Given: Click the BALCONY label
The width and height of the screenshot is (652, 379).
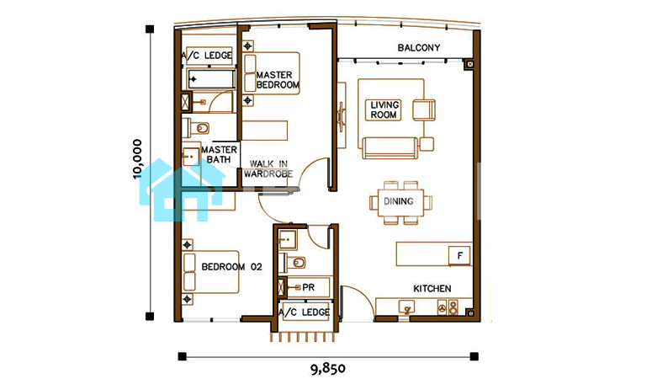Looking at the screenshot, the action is tap(418, 47).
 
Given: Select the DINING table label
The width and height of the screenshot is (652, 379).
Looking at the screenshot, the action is tap(399, 201).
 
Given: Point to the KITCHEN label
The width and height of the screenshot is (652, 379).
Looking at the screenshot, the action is tap(432, 289).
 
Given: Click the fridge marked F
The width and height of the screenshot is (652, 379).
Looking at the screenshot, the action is tap(459, 255).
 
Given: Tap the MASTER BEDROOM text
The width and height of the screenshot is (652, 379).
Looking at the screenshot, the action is tap(278, 80).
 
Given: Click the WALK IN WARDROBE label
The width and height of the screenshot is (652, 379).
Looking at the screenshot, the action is tap(268, 169).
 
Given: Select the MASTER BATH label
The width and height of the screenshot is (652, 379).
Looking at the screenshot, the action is tap(219, 154).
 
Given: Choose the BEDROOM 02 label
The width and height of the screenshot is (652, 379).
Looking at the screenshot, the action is tap(231, 267).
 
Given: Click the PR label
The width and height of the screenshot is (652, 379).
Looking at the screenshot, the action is tap(308, 287).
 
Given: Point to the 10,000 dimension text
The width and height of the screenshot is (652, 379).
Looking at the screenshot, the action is tap(137, 159).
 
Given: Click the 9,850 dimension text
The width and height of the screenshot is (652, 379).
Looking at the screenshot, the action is tap(328, 369).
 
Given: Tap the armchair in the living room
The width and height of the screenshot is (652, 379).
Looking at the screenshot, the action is tap(424, 110).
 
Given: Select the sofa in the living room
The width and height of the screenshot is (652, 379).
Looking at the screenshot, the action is tap(390, 148).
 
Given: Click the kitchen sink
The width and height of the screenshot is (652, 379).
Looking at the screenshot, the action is tap(406, 307).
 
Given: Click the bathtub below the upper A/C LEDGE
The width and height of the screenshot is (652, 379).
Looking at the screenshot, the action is tap(211, 79).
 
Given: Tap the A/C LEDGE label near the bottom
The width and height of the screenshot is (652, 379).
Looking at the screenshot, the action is tap(305, 312).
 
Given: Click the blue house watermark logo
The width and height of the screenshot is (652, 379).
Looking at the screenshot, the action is tap(182, 189).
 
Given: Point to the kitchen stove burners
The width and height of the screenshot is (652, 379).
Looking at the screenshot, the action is tap(448, 307).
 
